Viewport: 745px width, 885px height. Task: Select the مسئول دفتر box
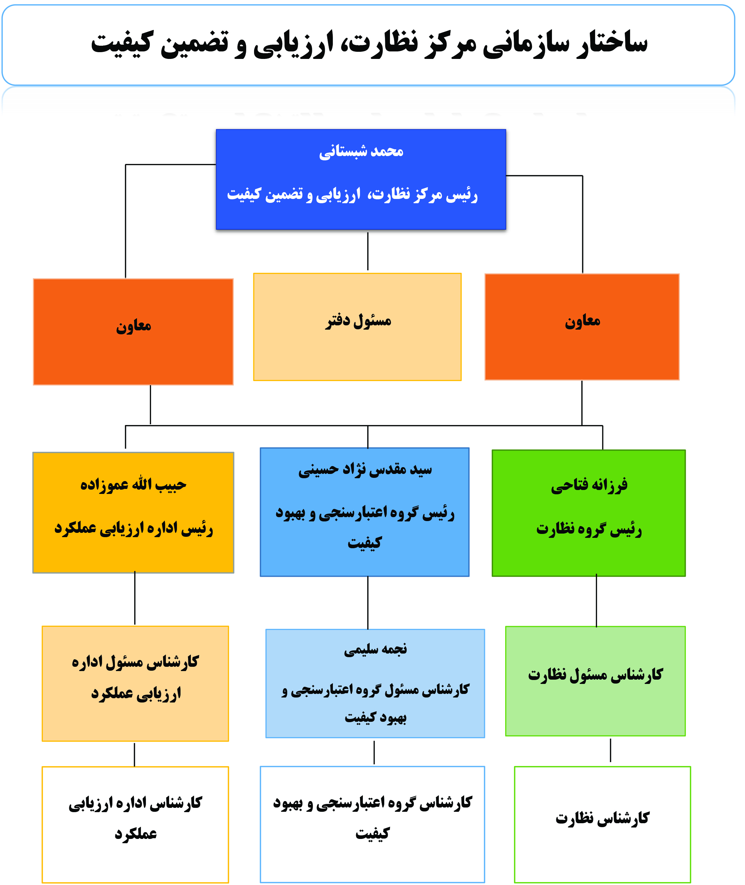[x=357, y=327]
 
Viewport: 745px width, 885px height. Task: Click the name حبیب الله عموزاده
[x=133, y=484]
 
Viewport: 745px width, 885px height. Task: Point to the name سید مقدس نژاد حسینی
[x=365, y=470]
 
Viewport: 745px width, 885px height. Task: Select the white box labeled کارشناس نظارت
[x=602, y=824]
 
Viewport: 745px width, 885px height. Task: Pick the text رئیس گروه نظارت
[x=589, y=529]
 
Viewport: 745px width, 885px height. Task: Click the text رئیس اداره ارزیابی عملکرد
[x=133, y=528]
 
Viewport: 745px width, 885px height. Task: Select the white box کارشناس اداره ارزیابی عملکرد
[x=135, y=825]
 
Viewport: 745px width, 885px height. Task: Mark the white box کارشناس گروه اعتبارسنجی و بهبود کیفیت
[x=372, y=824]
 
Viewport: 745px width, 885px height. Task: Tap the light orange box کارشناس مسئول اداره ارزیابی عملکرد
[x=135, y=684]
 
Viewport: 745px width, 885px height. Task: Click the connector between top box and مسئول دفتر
[x=368, y=251]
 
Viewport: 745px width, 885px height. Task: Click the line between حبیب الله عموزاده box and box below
[x=135, y=598]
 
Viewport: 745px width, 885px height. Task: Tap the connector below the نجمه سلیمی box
[x=374, y=752]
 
